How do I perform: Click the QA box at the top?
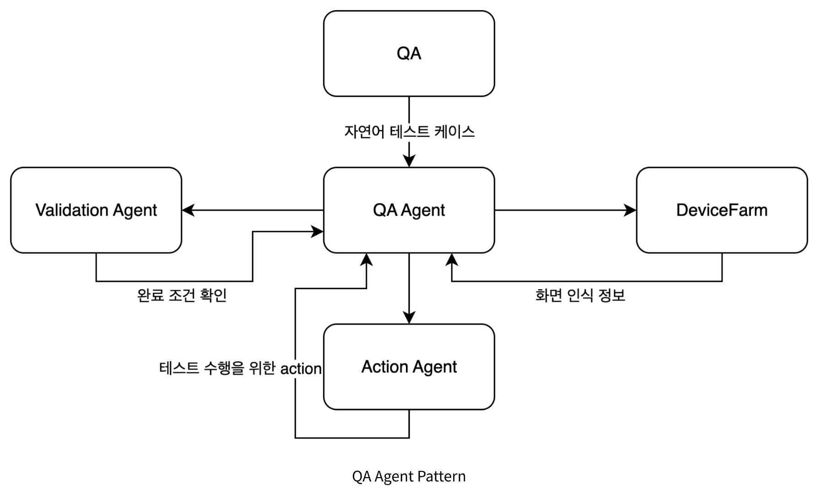409,54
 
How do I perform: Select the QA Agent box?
409,210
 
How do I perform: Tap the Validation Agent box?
96,210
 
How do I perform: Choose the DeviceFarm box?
722,210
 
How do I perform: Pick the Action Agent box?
409,367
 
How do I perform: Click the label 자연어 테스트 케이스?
409,132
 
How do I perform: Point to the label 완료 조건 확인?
182,295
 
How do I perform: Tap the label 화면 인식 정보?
580,295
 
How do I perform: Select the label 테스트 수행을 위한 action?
240,368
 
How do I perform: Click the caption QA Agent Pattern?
409,476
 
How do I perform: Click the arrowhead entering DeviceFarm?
631,210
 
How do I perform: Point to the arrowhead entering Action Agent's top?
409,318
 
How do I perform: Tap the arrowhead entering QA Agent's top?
409,161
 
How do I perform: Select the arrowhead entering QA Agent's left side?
318,232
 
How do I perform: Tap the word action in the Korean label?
301,369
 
